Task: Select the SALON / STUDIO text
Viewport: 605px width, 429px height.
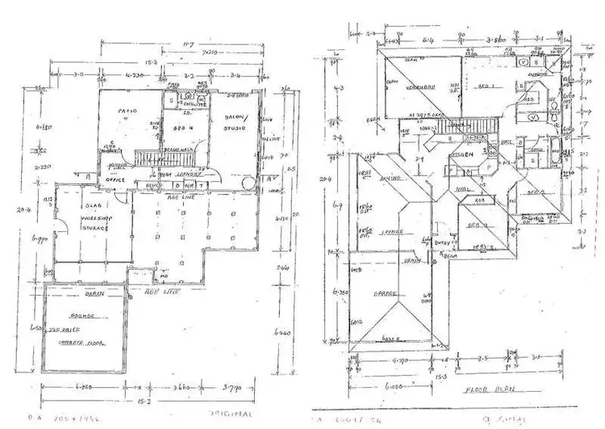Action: [x=237, y=122]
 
